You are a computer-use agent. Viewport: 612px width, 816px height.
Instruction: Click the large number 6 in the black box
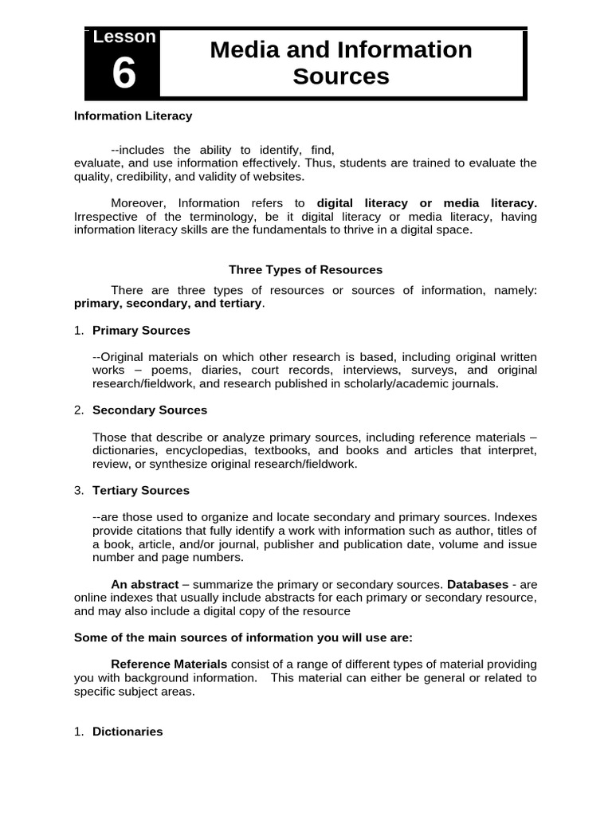click(x=124, y=74)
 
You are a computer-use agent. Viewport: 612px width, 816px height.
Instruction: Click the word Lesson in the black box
click(x=124, y=37)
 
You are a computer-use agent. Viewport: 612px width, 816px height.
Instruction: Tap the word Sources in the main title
click(x=341, y=76)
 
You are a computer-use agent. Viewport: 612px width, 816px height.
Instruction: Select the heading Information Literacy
click(x=133, y=116)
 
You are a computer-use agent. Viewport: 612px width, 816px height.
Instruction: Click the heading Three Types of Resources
click(x=306, y=269)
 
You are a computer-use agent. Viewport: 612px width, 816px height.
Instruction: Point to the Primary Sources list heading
click(x=141, y=330)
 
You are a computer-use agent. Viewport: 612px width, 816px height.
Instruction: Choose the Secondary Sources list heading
click(x=150, y=410)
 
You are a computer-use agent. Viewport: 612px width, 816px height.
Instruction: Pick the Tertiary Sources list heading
click(x=141, y=490)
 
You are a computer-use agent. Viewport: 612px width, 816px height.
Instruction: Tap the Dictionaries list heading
click(x=127, y=731)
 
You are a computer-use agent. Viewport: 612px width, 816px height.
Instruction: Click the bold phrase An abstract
click(x=144, y=584)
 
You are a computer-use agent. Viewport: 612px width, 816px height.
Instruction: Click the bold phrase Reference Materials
click(x=169, y=664)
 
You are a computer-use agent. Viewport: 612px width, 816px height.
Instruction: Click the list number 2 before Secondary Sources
click(x=78, y=410)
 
